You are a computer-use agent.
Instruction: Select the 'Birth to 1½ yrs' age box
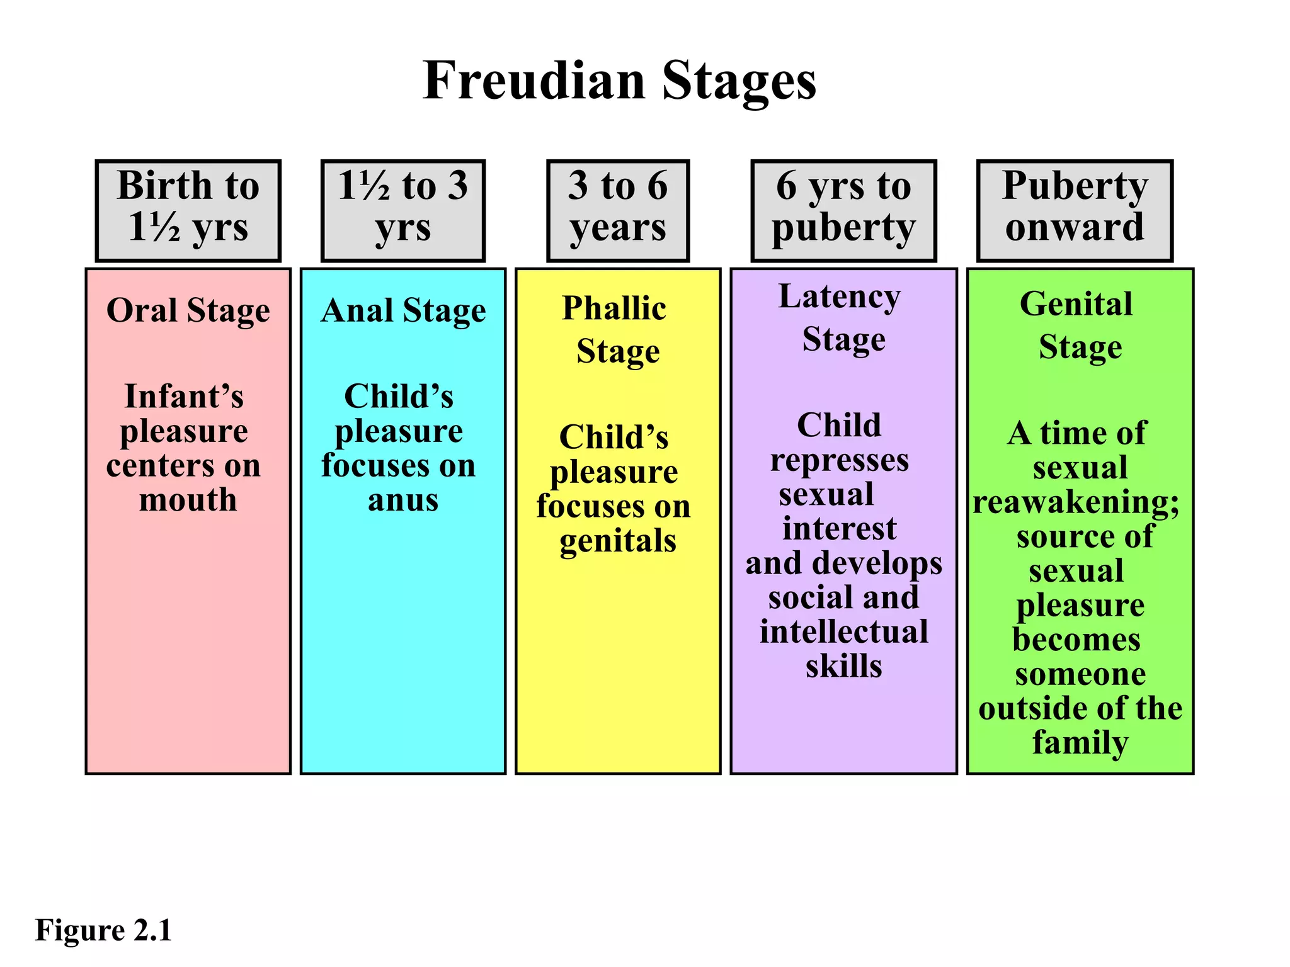(x=188, y=210)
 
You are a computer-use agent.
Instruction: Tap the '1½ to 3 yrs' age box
(x=403, y=210)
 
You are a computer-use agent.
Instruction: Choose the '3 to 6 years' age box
(x=618, y=210)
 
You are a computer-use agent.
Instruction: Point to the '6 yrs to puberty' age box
(x=843, y=210)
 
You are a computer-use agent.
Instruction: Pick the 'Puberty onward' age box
(x=1075, y=210)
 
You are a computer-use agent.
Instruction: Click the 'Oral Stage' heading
(x=188, y=310)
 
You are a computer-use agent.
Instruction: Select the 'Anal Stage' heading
(x=403, y=310)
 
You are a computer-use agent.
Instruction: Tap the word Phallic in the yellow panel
(x=614, y=308)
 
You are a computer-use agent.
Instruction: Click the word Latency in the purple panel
(x=840, y=296)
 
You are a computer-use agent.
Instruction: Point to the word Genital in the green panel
(x=1076, y=304)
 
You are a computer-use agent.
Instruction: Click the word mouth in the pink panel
(x=188, y=500)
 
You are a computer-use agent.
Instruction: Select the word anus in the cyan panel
(x=403, y=500)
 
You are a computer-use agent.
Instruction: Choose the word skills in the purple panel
(x=844, y=666)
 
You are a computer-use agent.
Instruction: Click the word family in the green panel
(x=1080, y=743)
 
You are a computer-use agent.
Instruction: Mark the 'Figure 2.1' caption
(x=103, y=930)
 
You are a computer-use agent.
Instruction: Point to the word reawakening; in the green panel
(x=1076, y=502)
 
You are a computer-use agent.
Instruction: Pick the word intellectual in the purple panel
(x=844, y=631)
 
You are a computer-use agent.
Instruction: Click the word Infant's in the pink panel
(x=184, y=397)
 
